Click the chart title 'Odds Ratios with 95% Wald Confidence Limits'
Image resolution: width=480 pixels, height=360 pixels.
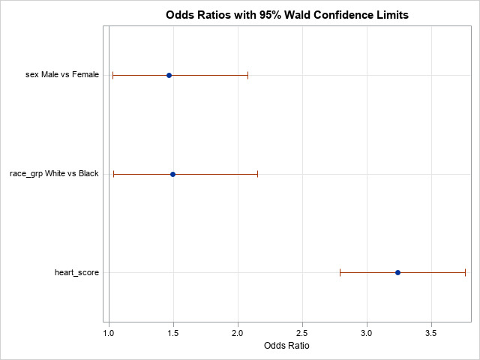coord(287,15)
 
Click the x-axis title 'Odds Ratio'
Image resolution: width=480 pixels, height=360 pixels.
coord(287,346)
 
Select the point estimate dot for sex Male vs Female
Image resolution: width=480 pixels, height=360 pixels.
coord(169,76)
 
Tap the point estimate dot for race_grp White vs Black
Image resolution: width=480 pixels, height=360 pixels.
coord(172,174)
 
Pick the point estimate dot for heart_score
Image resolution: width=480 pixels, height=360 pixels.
coord(397,272)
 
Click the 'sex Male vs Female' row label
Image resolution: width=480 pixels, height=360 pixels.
coord(62,76)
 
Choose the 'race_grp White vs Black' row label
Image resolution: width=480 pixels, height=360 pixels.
coord(54,174)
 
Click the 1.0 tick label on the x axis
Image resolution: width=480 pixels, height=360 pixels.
coord(109,331)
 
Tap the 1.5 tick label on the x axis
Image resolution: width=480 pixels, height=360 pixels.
coord(174,331)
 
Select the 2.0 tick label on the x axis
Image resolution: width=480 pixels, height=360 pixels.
coord(238,331)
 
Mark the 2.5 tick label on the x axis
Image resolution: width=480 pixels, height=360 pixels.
coord(302,331)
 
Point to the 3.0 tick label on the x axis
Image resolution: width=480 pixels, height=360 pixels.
coord(367,331)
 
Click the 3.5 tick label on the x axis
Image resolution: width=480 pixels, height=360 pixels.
coord(431,331)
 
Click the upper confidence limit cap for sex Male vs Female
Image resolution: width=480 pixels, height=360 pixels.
coord(247,76)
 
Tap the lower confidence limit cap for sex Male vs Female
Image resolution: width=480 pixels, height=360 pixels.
coord(112,76)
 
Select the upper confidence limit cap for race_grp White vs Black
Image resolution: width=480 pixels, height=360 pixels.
coord(257,174)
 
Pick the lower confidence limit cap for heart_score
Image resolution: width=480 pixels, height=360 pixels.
coord(340,272)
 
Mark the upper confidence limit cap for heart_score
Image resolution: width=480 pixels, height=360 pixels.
coord(465,272)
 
